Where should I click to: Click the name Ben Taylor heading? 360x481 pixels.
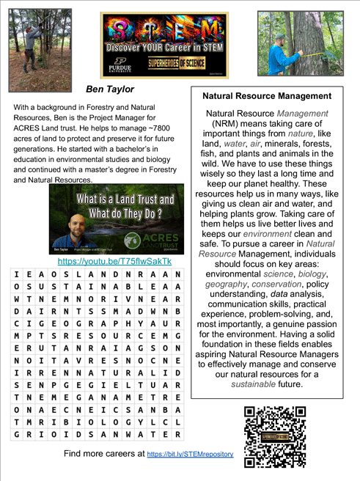(x=110, y=89)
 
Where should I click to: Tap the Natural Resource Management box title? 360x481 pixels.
(x=266, y=96)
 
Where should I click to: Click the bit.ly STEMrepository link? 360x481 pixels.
(x=190, y=455)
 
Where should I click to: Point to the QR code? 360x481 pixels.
(x=275, y=436)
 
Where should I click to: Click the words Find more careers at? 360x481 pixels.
(x=104, y=455)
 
